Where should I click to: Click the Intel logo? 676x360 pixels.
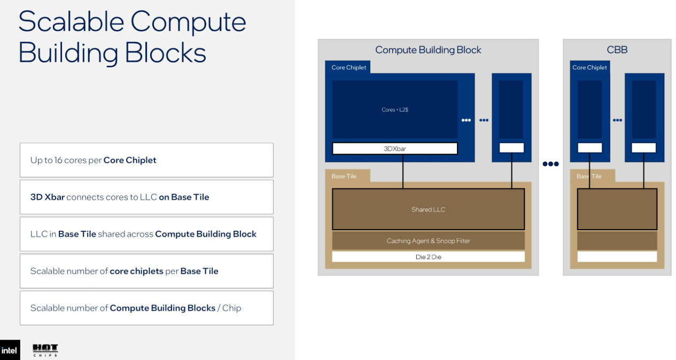coord(10,350)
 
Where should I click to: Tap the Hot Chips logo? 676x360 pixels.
coord(45,350)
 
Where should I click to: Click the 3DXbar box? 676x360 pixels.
coord(395,148)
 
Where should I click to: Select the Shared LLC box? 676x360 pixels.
coord(428,209)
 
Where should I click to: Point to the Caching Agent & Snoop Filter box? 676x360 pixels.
coord(428,240)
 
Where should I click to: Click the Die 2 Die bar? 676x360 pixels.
coord(428,257)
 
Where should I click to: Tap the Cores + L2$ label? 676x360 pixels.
coord(395,109)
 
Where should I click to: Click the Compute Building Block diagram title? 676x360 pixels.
coord(428,50)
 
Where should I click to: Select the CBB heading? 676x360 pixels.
coord(617,50)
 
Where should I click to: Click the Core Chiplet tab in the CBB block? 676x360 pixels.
coord(589,67)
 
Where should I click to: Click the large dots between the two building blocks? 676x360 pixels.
coord(550,164)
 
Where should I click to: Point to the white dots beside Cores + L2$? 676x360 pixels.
coord(466,120)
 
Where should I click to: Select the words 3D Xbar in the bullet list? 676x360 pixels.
coord(48,197)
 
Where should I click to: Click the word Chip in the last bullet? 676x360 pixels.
coord(231,308)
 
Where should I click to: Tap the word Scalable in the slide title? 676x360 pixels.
coord(71,21)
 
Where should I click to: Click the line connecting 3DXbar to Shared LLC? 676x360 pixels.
coord(403,171)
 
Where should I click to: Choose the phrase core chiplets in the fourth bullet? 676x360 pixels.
coord(136,271)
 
